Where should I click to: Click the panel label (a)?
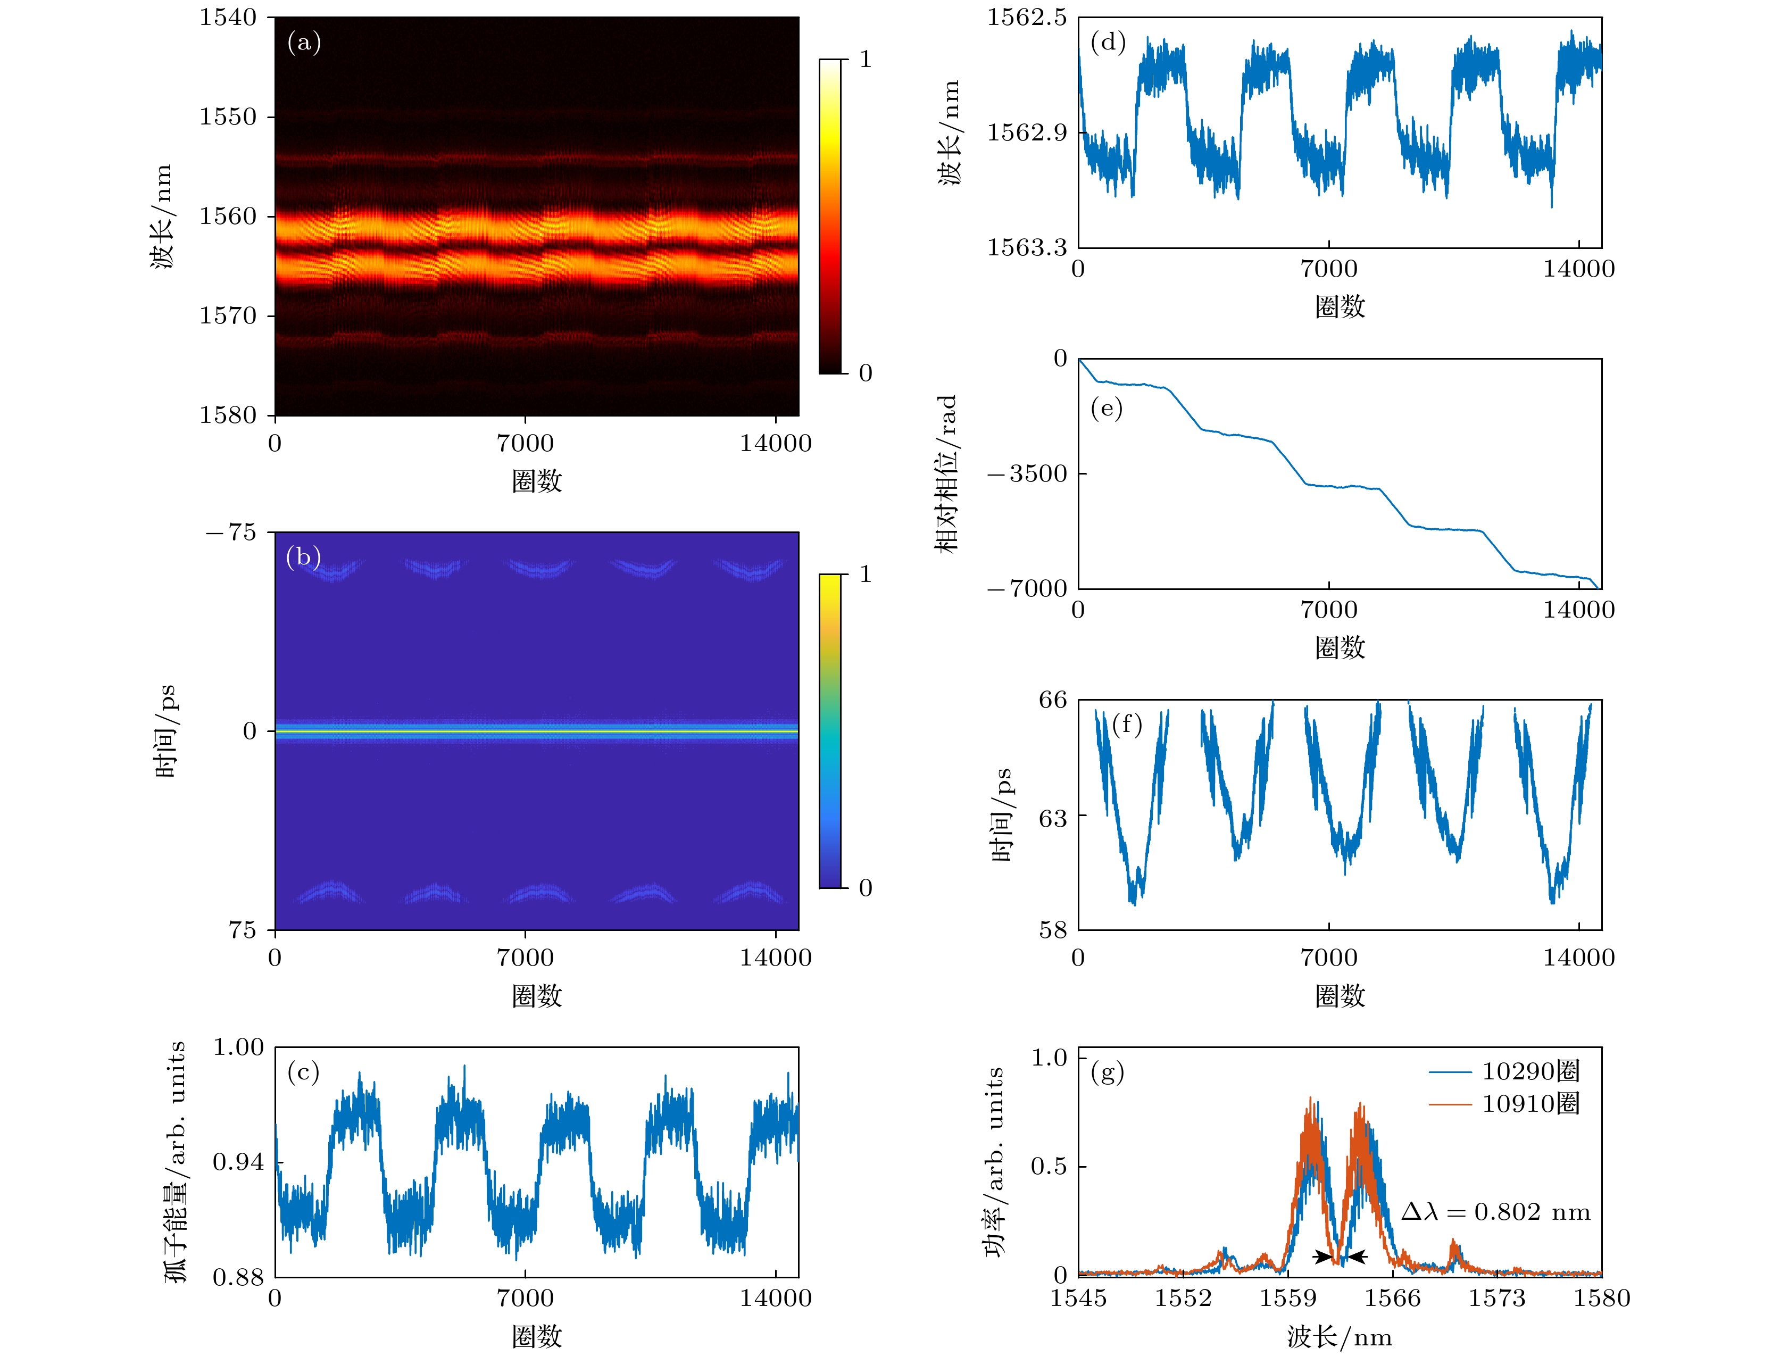point(304,42)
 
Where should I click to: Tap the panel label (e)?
point(1106,409)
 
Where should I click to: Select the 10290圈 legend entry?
point(1530,1071)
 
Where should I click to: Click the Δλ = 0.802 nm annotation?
point(1495,1211)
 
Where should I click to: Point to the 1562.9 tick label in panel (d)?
point(1026,131)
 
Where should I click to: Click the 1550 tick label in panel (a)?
point(228,117)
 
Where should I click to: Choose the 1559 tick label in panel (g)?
point(1287,1298)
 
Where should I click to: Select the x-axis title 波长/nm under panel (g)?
point(1339,1337)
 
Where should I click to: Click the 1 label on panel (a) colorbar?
point(866,59)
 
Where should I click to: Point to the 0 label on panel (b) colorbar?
point(866,888)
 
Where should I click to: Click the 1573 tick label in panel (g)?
point(1496,1298)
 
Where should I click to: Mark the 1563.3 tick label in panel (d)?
point(1026,247)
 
